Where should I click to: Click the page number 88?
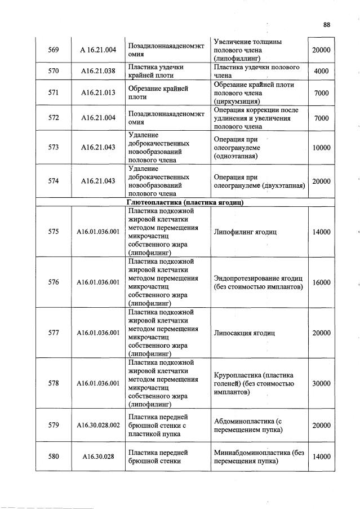(327, 24)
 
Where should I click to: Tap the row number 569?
(54, 50)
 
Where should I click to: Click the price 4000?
(321, 71)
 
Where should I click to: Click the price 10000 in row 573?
(321, 147)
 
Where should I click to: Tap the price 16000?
(321, 282)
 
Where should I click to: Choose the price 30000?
(321, 383)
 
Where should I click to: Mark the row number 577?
(54, 333)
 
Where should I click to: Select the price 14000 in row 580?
(321, 457)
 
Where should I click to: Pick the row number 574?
(54, 181)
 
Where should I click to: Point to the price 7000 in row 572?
(321, 118)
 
